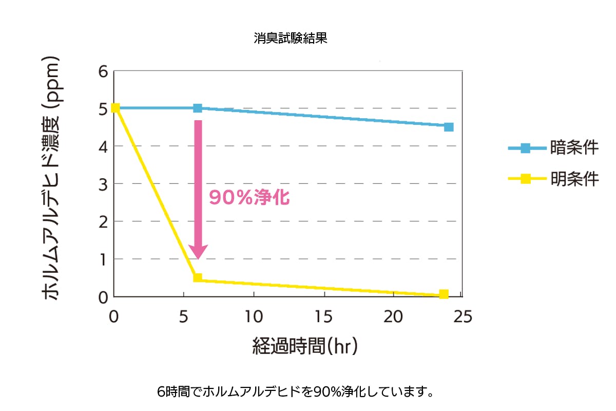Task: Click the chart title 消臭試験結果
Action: [x=290, y=39]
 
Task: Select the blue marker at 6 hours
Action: [x=198, y=108]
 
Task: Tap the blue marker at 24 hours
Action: [x=449, y=127]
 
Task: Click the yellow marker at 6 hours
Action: [x=198, y=278]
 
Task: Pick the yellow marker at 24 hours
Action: [x=444, y=294]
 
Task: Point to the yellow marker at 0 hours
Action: [x=115, y=107]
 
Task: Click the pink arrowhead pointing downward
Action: [x=198, y=252]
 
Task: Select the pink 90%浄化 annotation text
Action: [x=249, y=198]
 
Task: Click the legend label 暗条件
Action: [x=574, y=148]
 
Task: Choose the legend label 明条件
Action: [x=574, y=179]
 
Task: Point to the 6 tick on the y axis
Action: [x=103, y=71]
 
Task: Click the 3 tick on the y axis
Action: [x=103, y=184]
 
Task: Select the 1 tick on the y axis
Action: [x=103, y=259]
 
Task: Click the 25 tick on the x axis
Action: [x=463, y=317]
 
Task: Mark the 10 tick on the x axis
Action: [x=254, y=317]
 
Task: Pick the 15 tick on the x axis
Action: [x=323, y=317]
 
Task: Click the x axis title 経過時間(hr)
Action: [x=305, y=346]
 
